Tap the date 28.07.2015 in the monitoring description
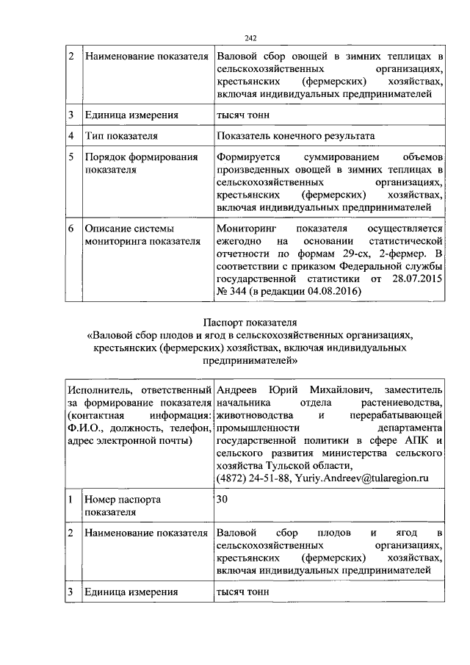point(413,280)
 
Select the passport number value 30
point(223,499)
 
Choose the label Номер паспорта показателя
point(123,506)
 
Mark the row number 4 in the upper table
point(72,136)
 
